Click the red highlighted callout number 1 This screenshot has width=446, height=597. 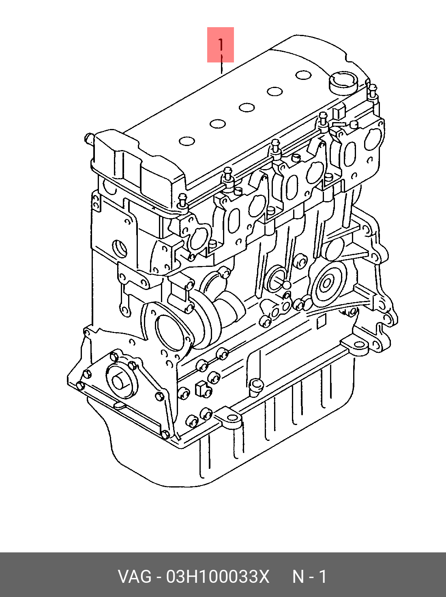[221, 45]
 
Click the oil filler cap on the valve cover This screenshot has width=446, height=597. [343, 83]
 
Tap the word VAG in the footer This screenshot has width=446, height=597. [135, 577]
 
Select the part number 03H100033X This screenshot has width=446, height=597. [217, 577]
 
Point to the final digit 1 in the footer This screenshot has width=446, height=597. [322, 577]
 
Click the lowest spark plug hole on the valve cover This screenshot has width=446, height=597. [187, 141]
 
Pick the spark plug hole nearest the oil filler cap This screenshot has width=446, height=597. [303, 75]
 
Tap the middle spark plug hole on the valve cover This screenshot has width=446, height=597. [247, 107]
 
